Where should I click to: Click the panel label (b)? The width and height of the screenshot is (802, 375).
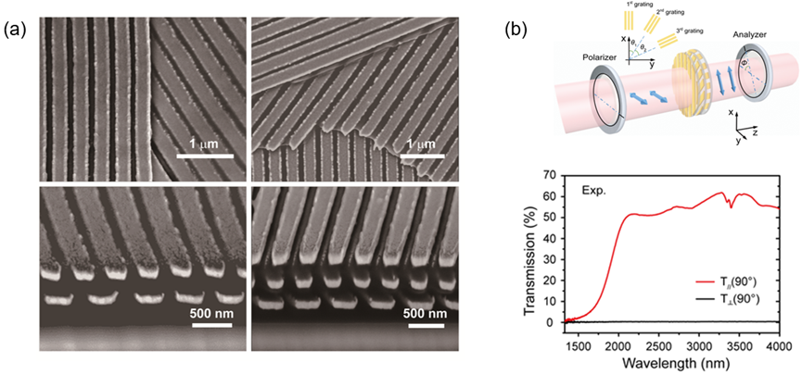click(516, 29)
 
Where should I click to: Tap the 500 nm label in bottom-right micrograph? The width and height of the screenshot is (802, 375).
click(427, 311)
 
